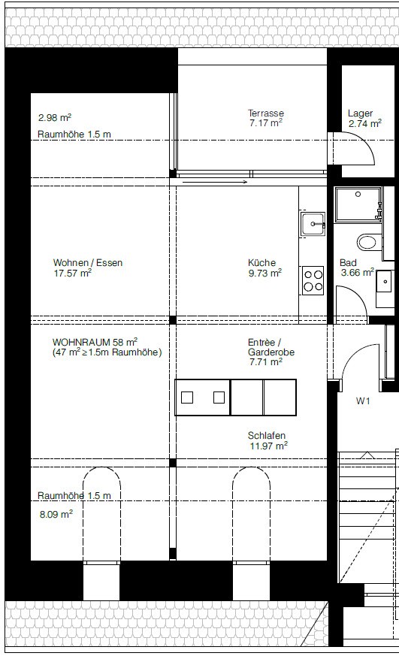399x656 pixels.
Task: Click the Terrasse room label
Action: [x=265, y=113]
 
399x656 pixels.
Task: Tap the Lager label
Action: [x=360, y=113]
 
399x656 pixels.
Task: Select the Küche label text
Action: [x=261, y=263]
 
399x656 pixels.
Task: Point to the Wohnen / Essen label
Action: [x=88, y=263]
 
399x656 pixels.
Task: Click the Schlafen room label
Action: [x=267, y=436]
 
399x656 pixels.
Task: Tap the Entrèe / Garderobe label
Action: [x=271, y=347]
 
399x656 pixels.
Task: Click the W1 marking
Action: [x=363, y=401]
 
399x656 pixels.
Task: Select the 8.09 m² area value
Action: [x=56, y=514]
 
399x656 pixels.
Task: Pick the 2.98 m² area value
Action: [x=55, y=117]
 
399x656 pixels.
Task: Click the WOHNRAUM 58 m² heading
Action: [x=95, y=342]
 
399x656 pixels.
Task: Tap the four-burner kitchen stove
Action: [x=313, y=281]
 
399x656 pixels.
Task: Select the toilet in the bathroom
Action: [x=368, y=242]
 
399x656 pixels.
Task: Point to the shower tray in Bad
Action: [x=358, y=204]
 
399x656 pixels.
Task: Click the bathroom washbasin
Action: [x=384, y=281]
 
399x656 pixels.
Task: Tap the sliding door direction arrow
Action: [x=215, y=182]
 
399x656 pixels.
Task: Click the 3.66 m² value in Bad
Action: [x=357, y=273]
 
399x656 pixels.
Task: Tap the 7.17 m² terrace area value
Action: [x=266, y=123]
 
